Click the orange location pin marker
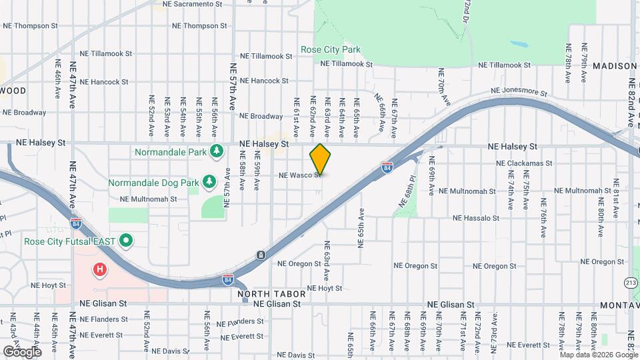tap(320, 159)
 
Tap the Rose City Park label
tap(330, 49)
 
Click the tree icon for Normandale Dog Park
tap(209, 181)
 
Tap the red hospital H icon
tap(100, 269)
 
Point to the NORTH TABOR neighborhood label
tap(271, 294)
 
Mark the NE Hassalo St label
tap(475, 218)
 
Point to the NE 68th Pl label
tap(408, 194)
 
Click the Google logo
tap(22, 351)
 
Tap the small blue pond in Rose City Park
tap(520, 45)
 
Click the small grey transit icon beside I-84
tap(260, 255)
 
